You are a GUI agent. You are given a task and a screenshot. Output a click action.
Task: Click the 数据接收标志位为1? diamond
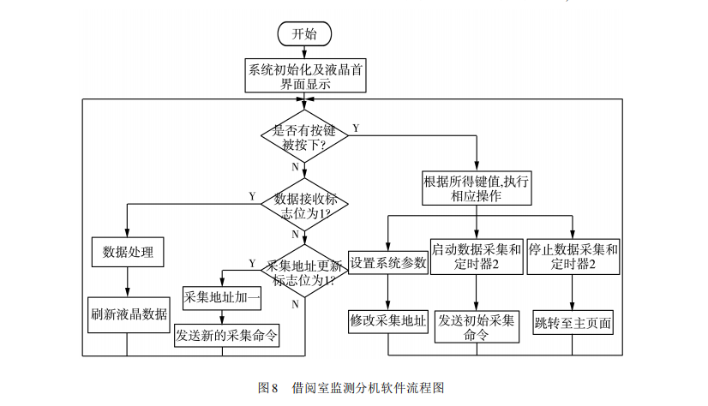[x=304, y=204]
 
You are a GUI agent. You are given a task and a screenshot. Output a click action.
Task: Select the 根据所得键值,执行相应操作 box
[x=477, y=188]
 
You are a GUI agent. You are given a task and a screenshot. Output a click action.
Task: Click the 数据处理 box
[x=127, y=251]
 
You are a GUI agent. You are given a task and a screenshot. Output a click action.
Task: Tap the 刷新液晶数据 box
[x=128, y=313]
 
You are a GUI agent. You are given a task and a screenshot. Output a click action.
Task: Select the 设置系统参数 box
[x=388, y=263]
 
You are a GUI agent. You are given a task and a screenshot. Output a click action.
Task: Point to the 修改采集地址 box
[x=388, y=321]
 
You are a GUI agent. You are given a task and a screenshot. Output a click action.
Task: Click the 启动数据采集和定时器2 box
[x=477, y=257]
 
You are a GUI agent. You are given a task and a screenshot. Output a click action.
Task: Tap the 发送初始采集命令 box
[x=477, y=327]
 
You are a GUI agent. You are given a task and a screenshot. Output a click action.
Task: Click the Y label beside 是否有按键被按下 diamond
[x=356, y=128]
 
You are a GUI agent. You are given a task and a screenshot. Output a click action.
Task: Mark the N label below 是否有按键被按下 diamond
[x=295, y=166]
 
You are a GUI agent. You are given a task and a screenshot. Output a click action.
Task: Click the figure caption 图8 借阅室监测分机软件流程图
[x=351, y=387]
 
